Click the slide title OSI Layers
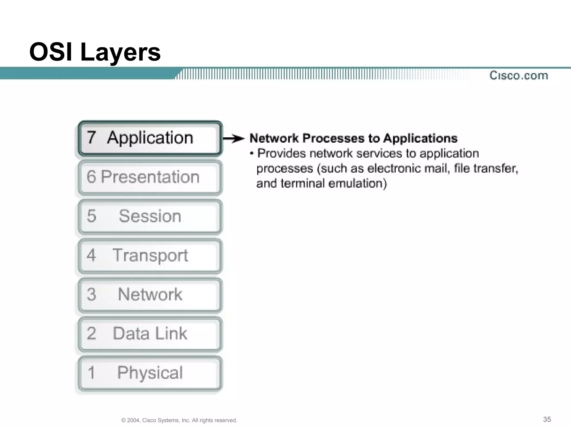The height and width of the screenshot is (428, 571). point(95,52)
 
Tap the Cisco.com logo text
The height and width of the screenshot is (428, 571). point(519,76)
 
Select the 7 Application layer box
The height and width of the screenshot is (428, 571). point(150,138)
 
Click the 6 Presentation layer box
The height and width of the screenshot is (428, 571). point(150,177)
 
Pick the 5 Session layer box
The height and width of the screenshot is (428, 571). point(150,217)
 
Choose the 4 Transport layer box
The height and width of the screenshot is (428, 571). point(150,256)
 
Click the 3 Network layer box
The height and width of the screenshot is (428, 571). point(150,295)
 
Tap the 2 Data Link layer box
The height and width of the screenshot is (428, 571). point(150,334)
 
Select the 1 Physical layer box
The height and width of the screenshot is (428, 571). point(150,373)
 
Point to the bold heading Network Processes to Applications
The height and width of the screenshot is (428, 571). point(353,138)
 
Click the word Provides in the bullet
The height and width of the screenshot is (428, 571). point(281,154)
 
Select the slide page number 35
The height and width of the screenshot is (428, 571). point(547,419)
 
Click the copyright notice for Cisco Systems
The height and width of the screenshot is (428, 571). point(179,420)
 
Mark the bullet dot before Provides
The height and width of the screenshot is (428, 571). point(252,154)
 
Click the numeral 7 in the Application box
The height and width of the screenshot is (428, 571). point(91,138)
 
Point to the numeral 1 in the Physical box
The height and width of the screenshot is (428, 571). point(91,373)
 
